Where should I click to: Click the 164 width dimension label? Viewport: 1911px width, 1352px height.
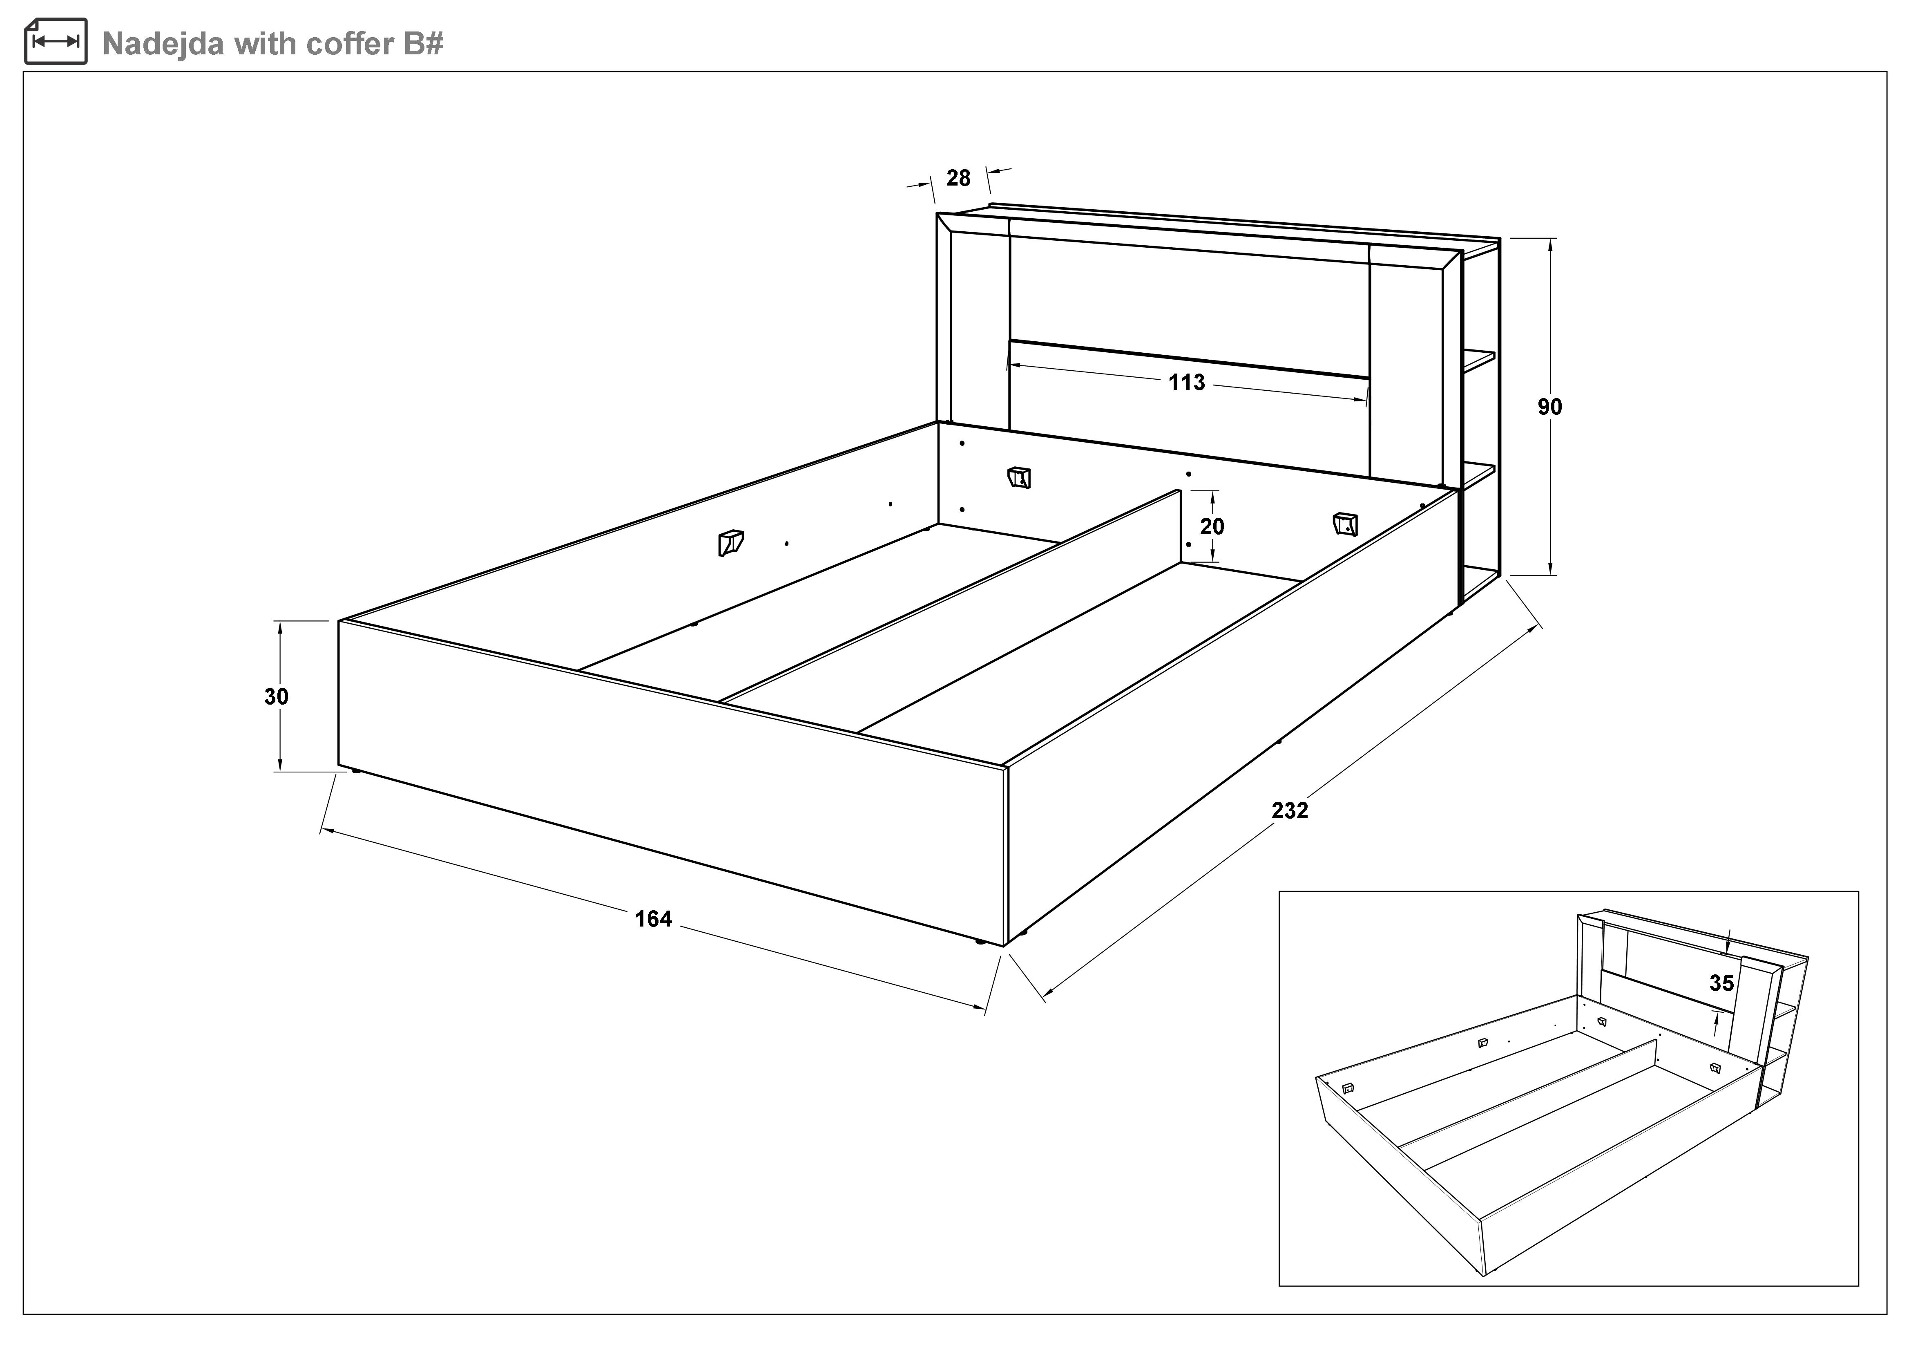click(x=653, y=919)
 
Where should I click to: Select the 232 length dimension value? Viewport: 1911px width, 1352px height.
click(x=1290, y=810)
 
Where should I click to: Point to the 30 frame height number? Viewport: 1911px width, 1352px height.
click(x=276, y=696)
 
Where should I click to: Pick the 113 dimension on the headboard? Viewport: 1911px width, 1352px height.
click(x=1186, y=382)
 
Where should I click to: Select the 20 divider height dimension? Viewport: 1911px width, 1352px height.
click(x=1212, y=526)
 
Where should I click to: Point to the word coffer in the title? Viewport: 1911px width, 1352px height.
click(x=352, y=43)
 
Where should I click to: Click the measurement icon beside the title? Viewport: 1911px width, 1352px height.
click(x=56, y=41)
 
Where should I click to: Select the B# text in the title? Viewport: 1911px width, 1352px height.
click(x=424, y=43)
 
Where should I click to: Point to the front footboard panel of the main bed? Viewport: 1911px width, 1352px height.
click(x=672, y=783)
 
